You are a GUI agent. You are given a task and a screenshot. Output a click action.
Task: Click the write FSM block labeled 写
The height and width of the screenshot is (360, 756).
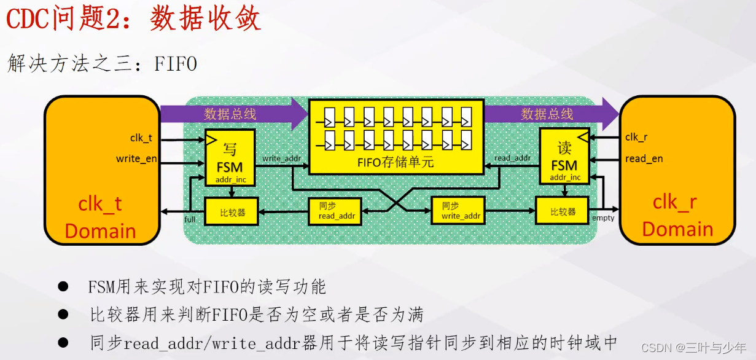[x=230, y=157]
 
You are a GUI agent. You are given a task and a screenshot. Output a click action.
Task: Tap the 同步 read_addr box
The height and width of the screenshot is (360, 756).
[x=335, y=211]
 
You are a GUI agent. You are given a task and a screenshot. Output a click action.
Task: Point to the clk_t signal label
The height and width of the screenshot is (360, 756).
[x=141, y=138]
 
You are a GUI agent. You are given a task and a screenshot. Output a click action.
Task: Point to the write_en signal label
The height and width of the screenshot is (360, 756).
[x=136, y=159]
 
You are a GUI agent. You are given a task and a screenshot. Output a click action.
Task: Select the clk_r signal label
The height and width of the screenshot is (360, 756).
[x=636, y=137]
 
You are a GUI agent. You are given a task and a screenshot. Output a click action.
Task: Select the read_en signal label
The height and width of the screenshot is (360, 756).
[x=644, y=158]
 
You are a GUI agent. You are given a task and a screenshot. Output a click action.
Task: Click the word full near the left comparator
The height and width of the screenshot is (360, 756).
[x=190, y=220]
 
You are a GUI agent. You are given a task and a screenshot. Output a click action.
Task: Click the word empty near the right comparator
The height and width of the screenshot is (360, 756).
[x=602, y=218]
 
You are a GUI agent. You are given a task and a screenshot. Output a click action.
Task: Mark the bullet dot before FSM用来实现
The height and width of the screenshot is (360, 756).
[x=63, y=287]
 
